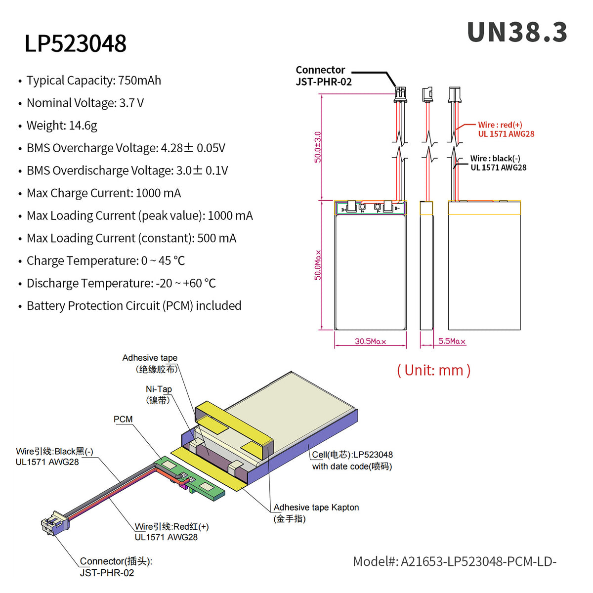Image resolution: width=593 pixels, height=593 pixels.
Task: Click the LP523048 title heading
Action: [76, 43]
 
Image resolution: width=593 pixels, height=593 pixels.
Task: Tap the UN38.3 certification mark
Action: [517, 33]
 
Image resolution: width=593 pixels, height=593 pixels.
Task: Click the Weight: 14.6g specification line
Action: [62, 126]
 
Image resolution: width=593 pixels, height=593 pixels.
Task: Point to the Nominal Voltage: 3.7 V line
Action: [85, 103]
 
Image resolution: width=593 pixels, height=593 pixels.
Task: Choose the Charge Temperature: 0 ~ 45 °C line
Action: [106, 261]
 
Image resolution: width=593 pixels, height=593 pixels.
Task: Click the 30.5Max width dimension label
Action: [370, 341]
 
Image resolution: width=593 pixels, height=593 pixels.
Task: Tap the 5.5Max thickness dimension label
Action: [452, 341]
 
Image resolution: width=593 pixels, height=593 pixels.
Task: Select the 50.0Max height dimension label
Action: [318, 265]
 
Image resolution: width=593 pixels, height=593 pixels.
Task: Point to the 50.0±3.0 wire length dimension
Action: [318, 147]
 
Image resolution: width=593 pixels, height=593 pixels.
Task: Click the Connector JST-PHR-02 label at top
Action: [323, 76]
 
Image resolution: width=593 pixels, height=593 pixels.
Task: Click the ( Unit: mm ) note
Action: [433, 370]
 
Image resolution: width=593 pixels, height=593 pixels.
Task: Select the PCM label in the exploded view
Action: [123, 420]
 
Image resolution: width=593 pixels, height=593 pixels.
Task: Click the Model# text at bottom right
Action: [454, 561]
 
